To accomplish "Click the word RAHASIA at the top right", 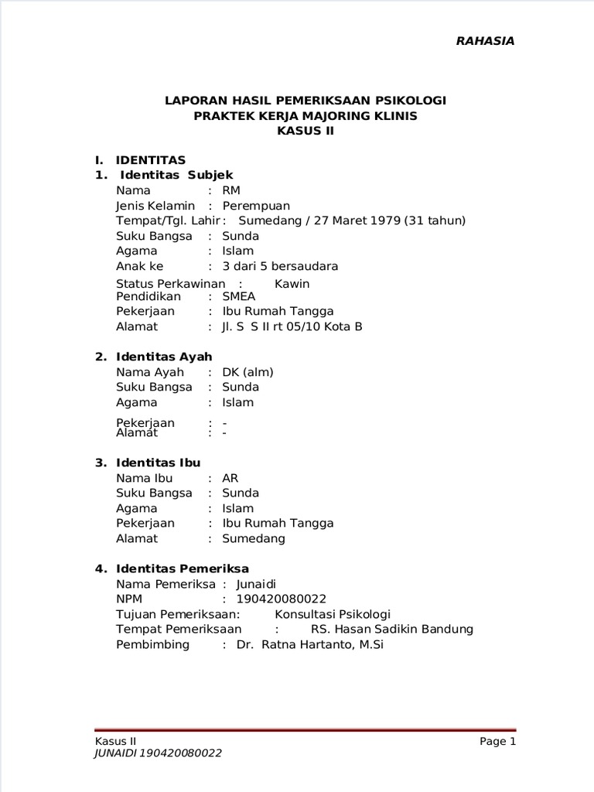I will [x=485, y=41].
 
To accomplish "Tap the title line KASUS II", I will [x=306, y=131].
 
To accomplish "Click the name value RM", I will [x=230, y=190].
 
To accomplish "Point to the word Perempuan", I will [x=256, y=206].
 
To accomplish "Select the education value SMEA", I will [x=239, y=296].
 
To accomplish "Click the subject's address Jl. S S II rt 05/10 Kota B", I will [x=292, y=326].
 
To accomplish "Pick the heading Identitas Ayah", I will [x=164, y=357].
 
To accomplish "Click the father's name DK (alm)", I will [x=247, y=372].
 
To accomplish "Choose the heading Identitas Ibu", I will [x=159, y=463].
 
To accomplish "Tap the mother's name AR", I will [x=230, y=478].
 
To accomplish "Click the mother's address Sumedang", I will [x=254, y=538].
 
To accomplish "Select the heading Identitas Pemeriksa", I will [x=183, y=568].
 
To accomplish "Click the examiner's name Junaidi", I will [x=260, y=584].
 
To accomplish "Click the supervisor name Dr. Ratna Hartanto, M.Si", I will [x=310, y=644].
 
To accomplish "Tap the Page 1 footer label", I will [x=497, y=741].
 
